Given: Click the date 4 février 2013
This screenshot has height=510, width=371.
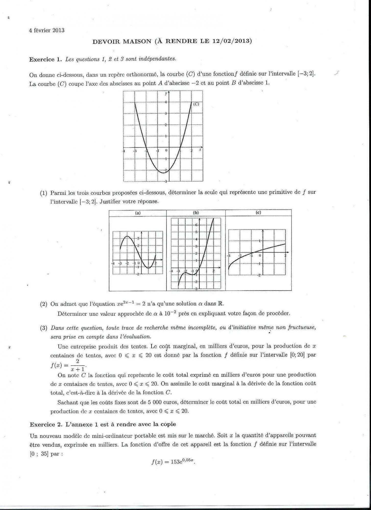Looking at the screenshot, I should click(47, 30).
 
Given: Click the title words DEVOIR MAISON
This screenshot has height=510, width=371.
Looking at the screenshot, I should click(122, 41).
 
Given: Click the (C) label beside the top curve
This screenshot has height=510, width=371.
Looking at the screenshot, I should click(196, 104).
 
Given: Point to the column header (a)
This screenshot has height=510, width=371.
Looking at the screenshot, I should click(138, 213).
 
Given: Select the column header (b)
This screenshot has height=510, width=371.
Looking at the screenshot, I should click(196, 213).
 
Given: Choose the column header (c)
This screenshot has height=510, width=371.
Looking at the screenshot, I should click(258, 213).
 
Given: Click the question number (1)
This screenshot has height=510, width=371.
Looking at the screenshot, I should click(44, 193).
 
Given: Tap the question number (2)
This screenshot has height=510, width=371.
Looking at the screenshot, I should click(44, 304).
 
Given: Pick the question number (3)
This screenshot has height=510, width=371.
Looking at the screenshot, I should click(44, 328).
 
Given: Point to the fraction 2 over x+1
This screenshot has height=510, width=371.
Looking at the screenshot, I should click(78, 365).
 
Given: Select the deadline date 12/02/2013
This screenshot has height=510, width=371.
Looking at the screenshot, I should click(232, 41).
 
